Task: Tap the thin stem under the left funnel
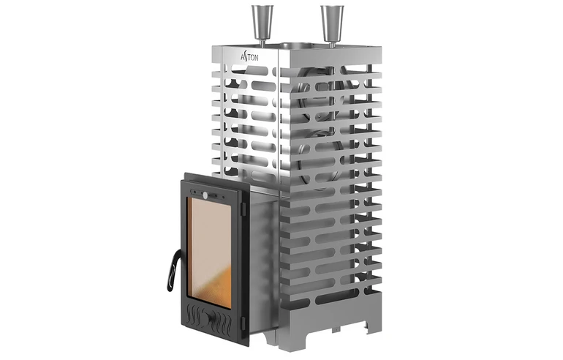point(262,40)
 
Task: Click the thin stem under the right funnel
point(332,40)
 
